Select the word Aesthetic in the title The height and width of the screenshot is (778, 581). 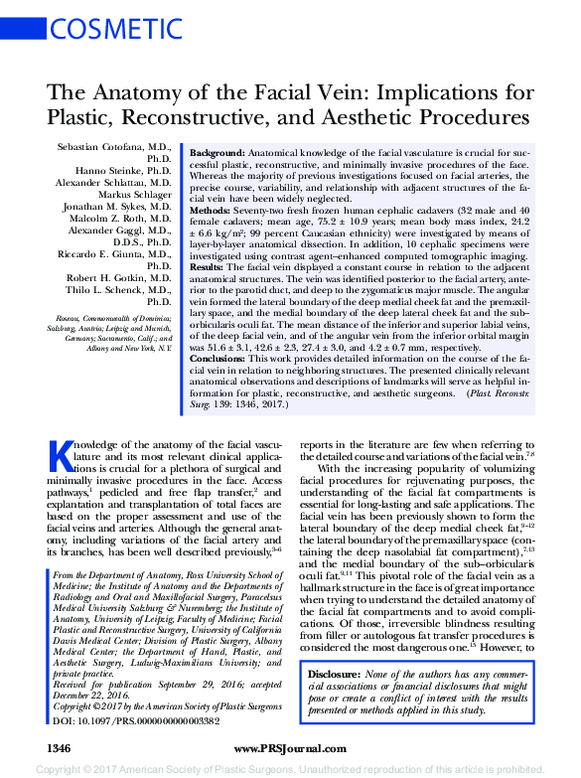[x=344, y=117]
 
